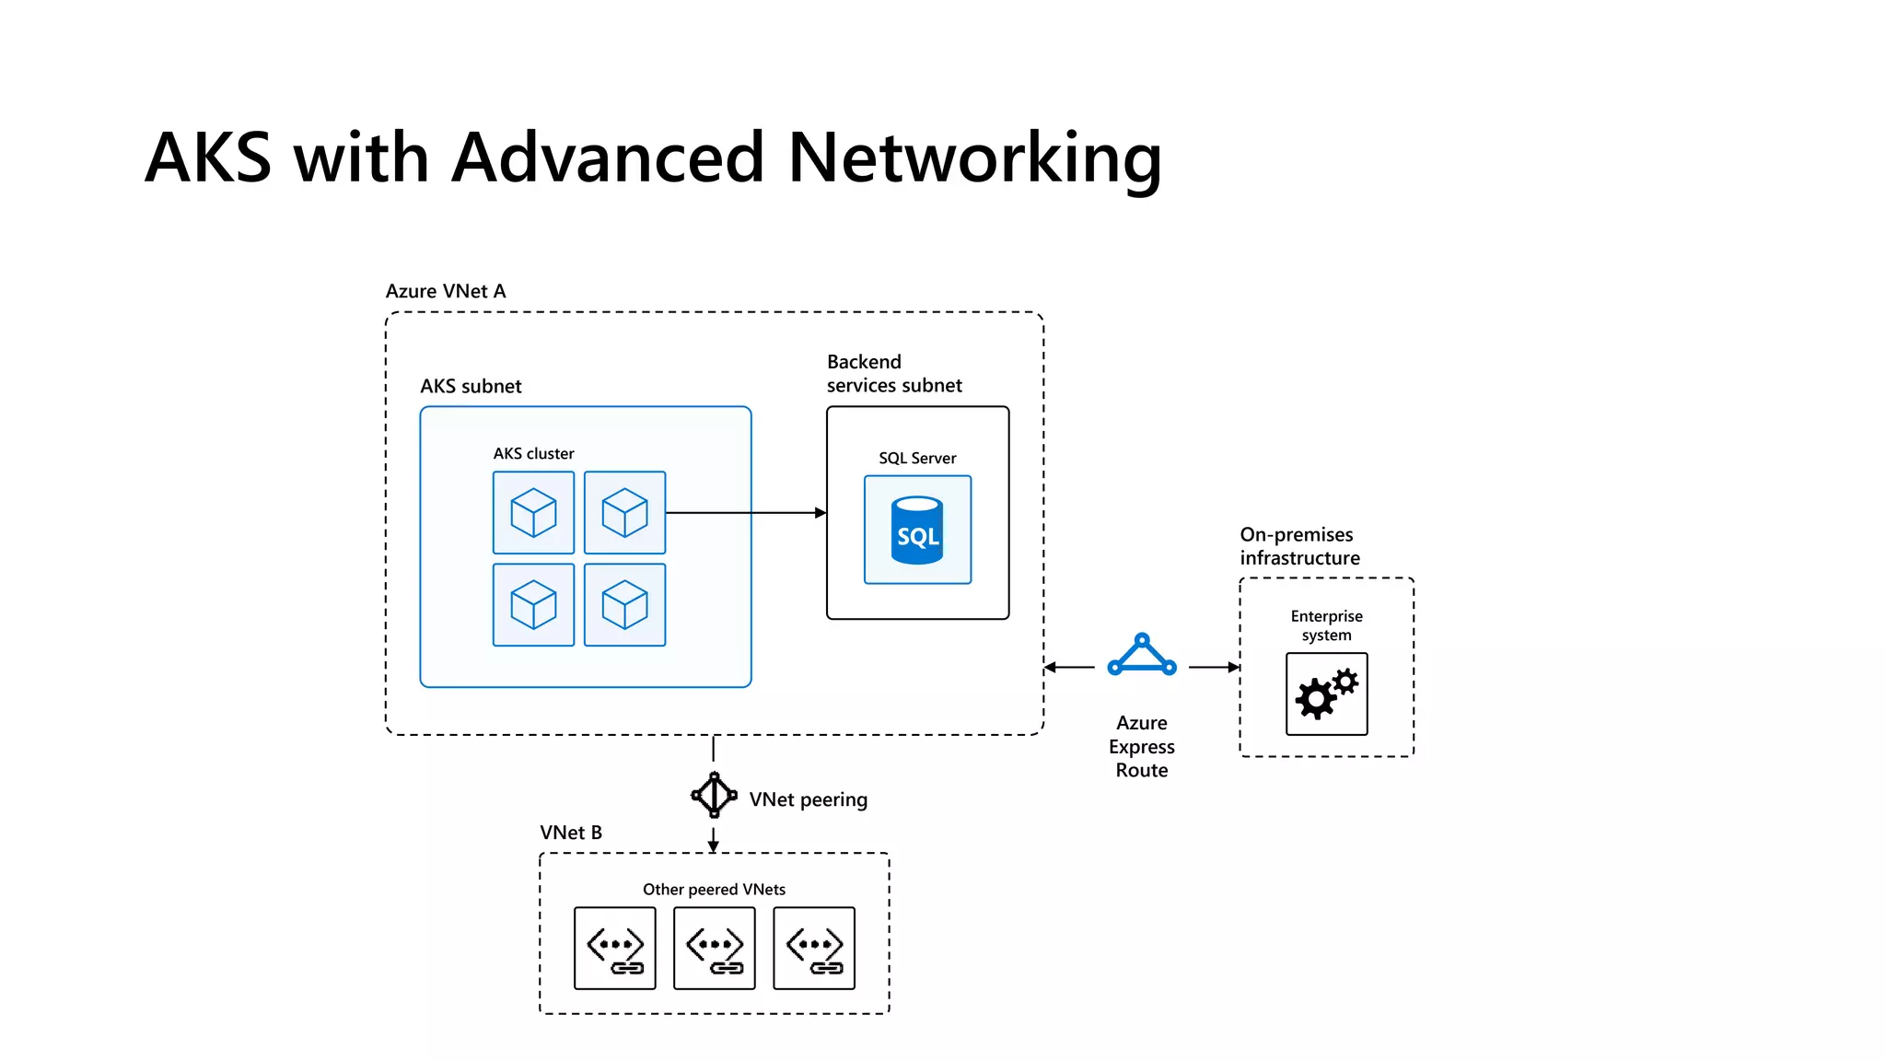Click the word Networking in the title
pyautogui.click(x=974, y=158)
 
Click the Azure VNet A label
pyautogui.click(x=445, y=291)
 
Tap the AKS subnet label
pyautogui.click(x=471, y=386)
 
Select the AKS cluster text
pyautogui.click(x=533, y=453)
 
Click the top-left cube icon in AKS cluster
pyautogui.click(x=533, y=512)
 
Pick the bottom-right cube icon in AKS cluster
pyautogui.click(x=624, y=604)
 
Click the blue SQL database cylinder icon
pyautogui.click(x=917, y=530)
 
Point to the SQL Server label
pyautogui.click(x=917, y=458)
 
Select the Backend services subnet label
pyautogui.click(x=893, y=374)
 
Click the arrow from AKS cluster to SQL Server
pyautogui.click(x=746, y=512)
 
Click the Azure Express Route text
pyautogui.click(x=1142, y=746)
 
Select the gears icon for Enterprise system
pyautogui.click(x=1326, y=694)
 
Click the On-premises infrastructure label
pyautogui.click(x=1299, y=546)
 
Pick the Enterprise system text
pyautogui.click(x=1326, y=625)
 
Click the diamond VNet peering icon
pyautogui.click(x=714, y=795)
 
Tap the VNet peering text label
pyautogui.click(x=808, y=799)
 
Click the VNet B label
pyautogui.click(x=570, y=833)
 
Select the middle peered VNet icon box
pyautogui.click(x=714, y=948)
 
